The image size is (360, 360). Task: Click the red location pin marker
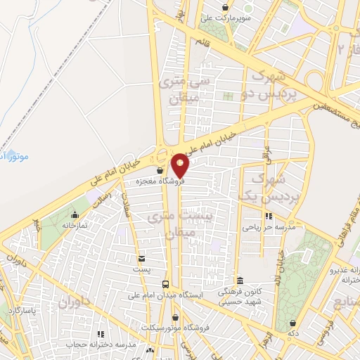[181, 166]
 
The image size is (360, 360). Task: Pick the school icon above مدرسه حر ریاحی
[267, 217]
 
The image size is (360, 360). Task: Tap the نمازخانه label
[75, 226]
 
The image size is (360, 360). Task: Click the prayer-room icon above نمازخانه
[75, 215]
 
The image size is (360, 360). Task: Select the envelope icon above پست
[142, 259]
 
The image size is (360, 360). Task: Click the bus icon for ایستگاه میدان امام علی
[165, 285]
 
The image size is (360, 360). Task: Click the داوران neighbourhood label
[75, 304]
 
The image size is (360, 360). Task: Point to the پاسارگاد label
[22, 309]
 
